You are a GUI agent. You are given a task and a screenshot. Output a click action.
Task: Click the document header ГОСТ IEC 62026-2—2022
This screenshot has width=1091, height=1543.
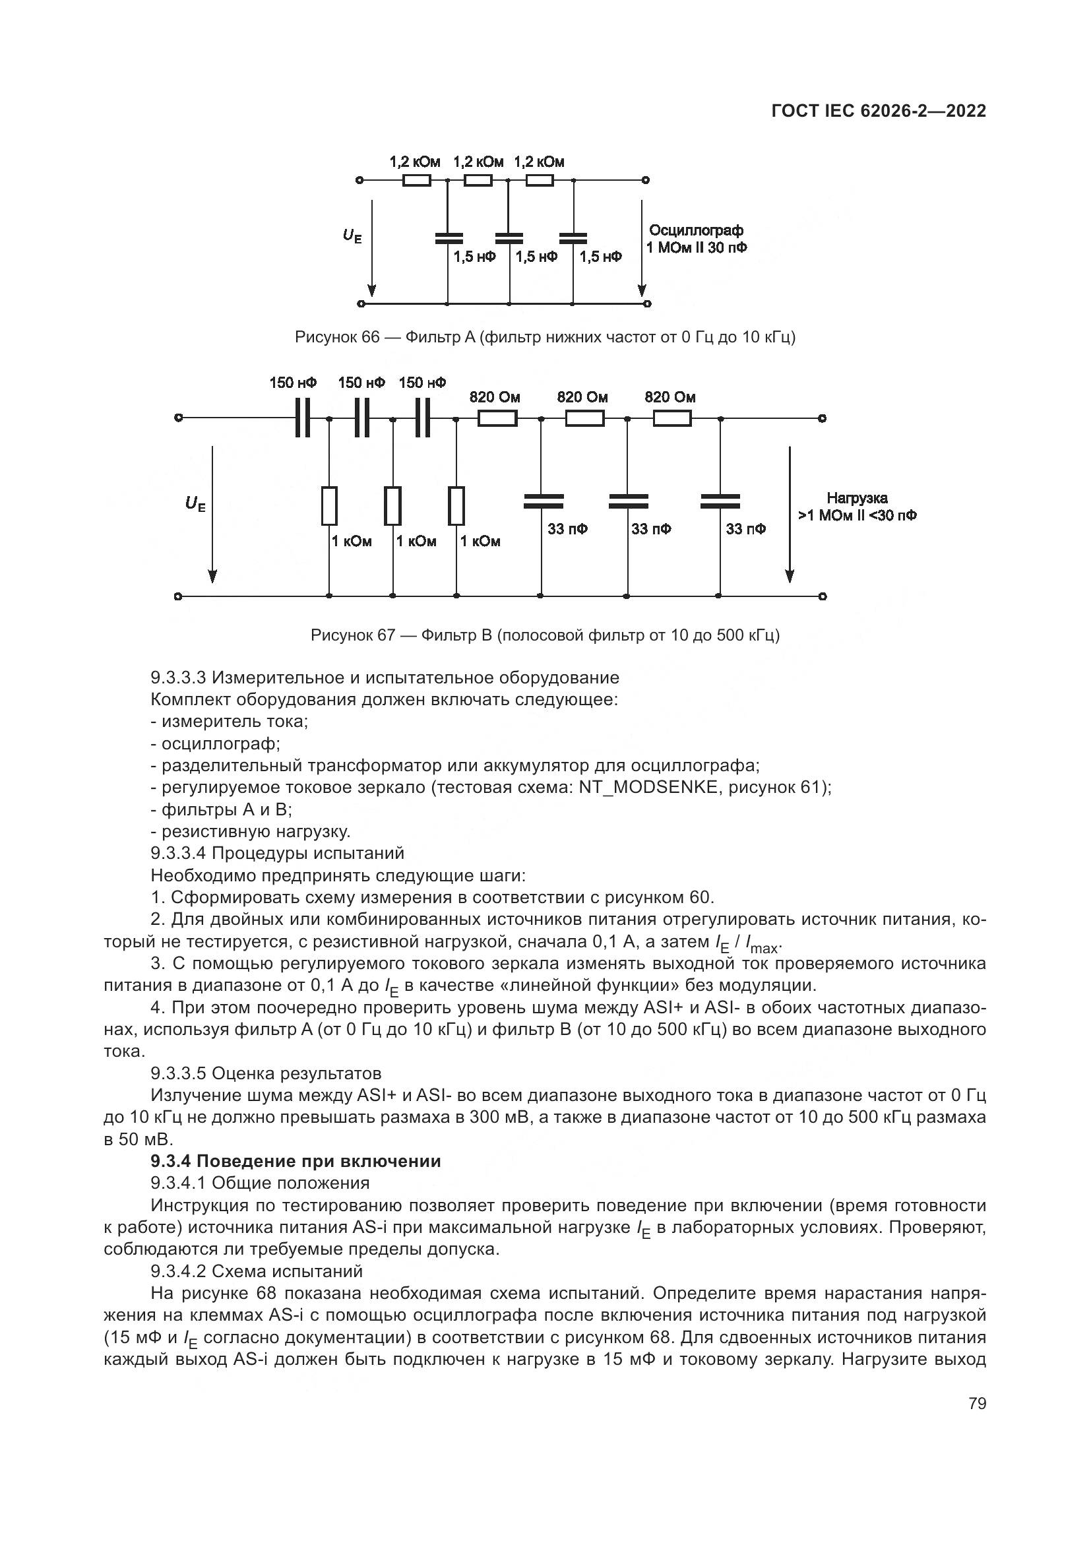pyautogui.click(x=878, y=111)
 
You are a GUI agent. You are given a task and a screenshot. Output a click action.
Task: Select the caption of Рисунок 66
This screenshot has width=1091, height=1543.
pyautogui.click(x=545, y=337)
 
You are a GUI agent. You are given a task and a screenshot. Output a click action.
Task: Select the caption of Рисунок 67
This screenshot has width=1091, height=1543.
pyautogui.click(x=545, y=635)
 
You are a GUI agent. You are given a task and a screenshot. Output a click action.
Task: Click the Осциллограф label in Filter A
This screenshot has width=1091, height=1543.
pyautogui.click(x=695, y=230)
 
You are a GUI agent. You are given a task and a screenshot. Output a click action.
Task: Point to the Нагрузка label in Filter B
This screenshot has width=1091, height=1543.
pyautogui.click(x=857, y=498)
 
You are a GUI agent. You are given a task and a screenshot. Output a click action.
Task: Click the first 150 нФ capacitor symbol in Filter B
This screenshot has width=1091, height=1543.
pyautogui.click(x=302, y=418)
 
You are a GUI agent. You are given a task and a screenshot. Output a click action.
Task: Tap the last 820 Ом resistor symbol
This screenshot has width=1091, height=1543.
pyautogui.click(x=671, y=419)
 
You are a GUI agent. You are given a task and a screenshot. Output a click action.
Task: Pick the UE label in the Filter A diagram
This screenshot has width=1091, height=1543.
pyautogui.click(x=352, y=236)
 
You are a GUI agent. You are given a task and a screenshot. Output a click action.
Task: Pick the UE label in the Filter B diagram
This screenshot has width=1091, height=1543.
pyautogui.click(x=195, y=503)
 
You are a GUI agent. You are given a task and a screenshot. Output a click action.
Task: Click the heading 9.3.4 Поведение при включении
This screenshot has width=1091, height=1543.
pyautogui.click(x=296, y=1160)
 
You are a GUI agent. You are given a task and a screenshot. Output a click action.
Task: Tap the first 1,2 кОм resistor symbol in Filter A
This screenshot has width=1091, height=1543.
pyautogui.click(x=416, y=180)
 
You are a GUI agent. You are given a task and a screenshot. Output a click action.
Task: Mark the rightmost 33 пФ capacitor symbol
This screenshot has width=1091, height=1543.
pyautogui.click(x=720, y=501)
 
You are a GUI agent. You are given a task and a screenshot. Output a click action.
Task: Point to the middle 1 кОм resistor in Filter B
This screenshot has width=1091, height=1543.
pyautogui.click(x=393, y=506)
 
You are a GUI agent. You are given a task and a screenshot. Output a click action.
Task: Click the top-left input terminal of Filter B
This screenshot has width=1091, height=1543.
pyautogui.click(x=178, y=418)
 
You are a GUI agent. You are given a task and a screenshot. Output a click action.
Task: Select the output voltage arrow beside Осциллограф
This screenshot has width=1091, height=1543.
pyautogui.click(x=642, y=249)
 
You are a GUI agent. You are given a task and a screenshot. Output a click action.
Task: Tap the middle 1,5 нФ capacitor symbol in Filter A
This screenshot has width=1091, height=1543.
pyautogui.click(x=509, y=238)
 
